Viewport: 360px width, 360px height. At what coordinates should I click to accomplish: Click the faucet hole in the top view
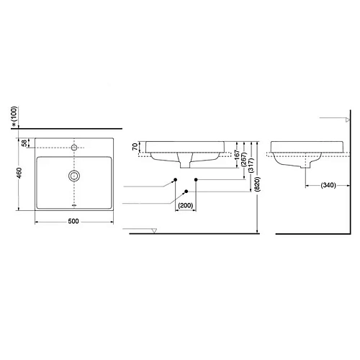pos(73,147)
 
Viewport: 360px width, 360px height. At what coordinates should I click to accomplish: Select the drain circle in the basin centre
pos(73,175)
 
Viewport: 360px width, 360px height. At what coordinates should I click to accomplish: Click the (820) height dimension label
pos(257,184)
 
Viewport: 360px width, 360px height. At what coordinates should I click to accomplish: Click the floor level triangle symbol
pos(154,230)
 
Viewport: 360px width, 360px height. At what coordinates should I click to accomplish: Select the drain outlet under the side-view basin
pos(307,167)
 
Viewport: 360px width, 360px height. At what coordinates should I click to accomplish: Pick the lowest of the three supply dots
pos(186,191)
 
